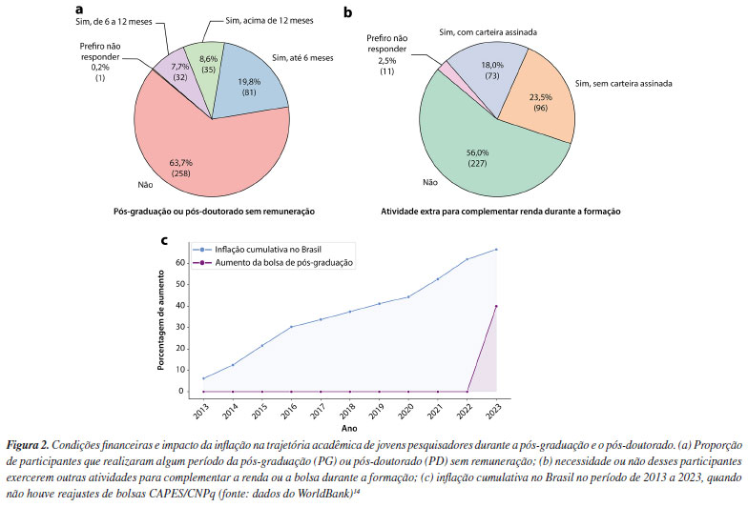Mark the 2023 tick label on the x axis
click(496, 410)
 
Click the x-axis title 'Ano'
click(349, 426)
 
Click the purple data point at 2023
click(496, 306)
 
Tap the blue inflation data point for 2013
click(202, 378)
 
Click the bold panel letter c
click(165, 242)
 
